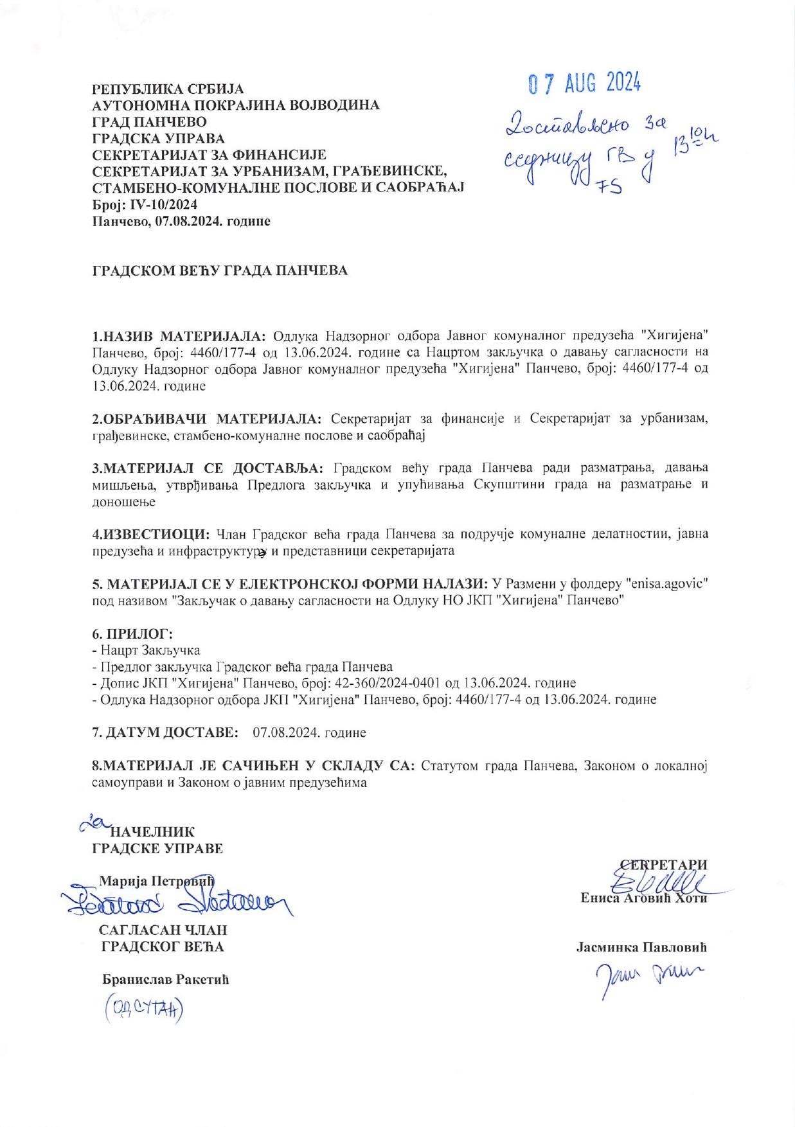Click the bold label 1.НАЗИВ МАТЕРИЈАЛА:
(x=181, y=336)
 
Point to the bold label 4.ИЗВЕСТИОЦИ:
(x=151, y=534)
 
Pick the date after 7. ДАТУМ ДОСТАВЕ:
(x=310, y=732)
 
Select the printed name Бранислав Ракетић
(x=165, y=980)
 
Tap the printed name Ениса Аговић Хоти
(x=643, y=898)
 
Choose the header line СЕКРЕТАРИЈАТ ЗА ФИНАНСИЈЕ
(x=210, y=155)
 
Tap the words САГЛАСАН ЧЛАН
(x=163, y=930)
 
